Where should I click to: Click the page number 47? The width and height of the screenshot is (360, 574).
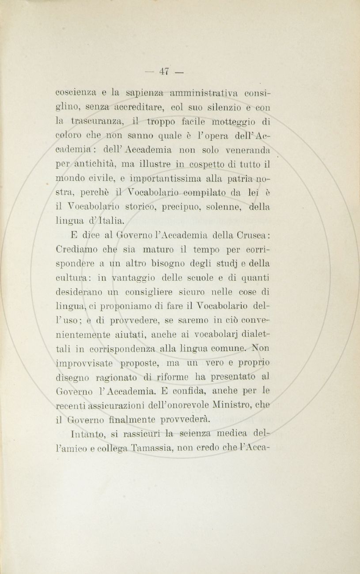[x=165, y=71]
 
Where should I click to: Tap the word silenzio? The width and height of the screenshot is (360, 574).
[x=203, y=107]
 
